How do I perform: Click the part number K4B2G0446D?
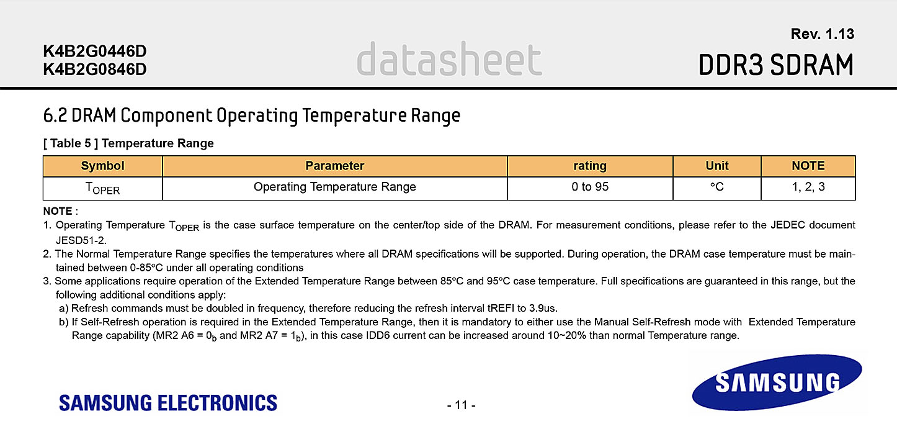pos(95,51)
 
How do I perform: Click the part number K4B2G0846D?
pos(95,70)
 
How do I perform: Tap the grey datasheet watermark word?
pos(449,59)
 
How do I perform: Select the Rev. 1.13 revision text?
pos(823,34)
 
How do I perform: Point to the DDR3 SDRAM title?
pos(776,65)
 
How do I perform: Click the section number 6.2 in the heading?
pos(55,115)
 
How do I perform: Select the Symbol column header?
pos(102,166)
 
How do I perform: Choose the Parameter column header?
pos(335,166)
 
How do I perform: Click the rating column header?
pos(590,166)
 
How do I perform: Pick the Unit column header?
pos(717,166)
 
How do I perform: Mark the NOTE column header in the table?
pos(808,166)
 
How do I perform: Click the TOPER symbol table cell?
pos(102,188)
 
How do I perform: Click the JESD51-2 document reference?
pos(81,240)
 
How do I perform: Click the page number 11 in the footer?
pos(461,405)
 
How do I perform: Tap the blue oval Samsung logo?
pos(777,382)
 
